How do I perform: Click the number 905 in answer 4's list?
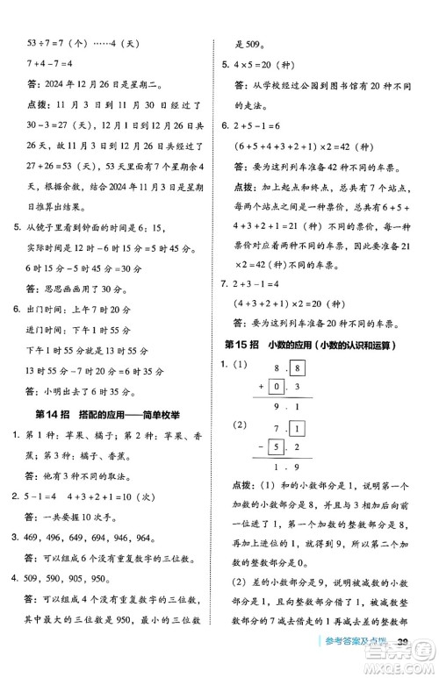click(x=99, y=580)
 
